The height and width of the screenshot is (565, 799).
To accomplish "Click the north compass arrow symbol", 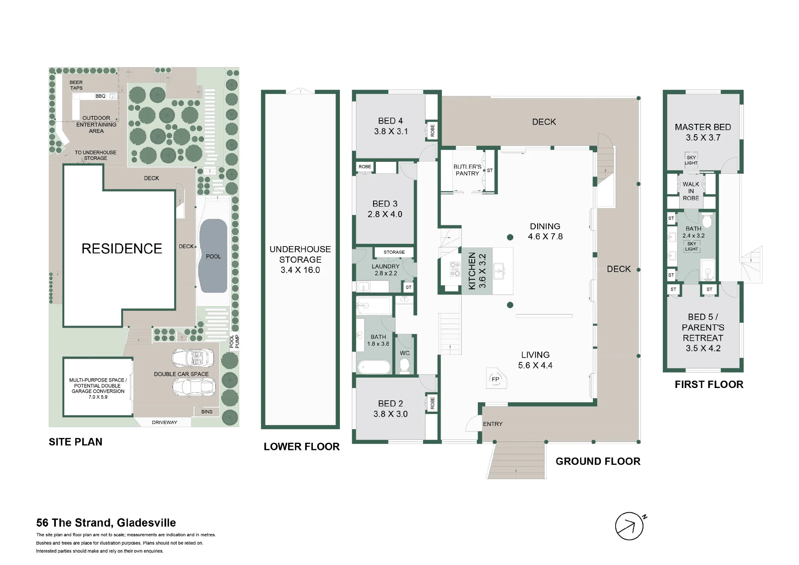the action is tap(630, 526).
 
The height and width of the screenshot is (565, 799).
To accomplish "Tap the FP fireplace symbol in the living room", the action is tap(496, 378).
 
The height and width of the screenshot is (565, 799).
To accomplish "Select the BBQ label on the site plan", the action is tap(100, 96).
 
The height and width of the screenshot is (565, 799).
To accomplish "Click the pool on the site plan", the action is tap(213, 256).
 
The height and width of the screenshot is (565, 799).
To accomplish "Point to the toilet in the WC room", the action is tap(405, 365).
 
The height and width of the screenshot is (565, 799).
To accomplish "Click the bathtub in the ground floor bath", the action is tap(374, 367).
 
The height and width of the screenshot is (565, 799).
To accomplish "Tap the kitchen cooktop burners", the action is tap(455, 269).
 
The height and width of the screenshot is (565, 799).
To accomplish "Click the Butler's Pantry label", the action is tap(467, 170).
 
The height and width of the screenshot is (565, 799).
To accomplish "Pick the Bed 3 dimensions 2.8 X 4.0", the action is tap(385, 214).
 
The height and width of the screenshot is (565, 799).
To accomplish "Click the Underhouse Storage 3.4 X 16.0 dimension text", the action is tap(300, 270).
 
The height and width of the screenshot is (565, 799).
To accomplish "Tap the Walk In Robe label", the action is tap(691, 191).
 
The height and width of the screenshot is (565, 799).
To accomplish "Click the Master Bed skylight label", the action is tap(691, 160).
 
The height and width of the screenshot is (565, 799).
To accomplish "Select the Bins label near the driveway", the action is tap(207, 412).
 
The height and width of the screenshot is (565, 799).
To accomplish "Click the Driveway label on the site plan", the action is tap(165, 422).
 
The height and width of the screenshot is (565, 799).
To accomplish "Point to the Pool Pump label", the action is tap(235, 342).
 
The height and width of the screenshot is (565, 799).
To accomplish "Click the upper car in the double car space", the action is tap(193, 358).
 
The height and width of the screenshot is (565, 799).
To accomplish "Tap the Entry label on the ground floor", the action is tap(493, 424).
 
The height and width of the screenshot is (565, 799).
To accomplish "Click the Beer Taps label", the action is tap(76, 85).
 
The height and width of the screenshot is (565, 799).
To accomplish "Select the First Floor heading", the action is tap(709, 384).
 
